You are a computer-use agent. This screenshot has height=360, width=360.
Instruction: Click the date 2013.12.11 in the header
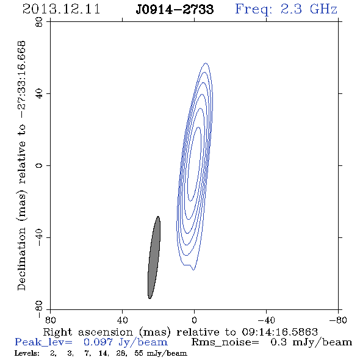coord(61,9)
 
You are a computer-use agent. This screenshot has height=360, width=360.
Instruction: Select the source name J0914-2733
coord(175,10)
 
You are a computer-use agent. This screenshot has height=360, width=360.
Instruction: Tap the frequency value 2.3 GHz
coord(309,9)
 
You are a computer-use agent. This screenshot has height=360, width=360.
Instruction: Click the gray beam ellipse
coord(154,257)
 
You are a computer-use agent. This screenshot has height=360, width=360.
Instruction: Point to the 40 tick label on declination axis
coord(39,94)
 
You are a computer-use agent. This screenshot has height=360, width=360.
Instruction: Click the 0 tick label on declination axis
coord(39,165)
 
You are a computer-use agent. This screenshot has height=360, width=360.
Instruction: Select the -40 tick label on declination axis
coord(39,237)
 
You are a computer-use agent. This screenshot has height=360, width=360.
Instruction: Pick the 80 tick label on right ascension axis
coord(50,320)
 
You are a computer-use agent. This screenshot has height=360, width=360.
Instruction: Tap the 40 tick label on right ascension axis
coord(122,320)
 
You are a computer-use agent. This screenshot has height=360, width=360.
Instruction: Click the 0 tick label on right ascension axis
coord(194,320)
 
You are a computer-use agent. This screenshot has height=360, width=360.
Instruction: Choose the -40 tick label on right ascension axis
coord(266,320)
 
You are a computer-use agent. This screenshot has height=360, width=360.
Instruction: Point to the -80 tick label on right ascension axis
coord(338,320)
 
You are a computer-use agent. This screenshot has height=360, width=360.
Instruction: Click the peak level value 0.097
coord(98,342)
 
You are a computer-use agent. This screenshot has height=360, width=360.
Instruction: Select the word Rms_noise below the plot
coord(225,342)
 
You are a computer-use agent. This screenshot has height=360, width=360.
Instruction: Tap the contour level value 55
coord(139,353)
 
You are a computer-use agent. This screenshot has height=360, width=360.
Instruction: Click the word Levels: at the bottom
coord(27,353)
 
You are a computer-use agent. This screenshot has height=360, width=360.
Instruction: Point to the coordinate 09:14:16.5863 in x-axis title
coord(279,332)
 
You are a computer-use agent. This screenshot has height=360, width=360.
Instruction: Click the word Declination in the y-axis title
coord(21,259)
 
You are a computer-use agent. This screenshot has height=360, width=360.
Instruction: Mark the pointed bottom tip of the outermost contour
coord(193,270)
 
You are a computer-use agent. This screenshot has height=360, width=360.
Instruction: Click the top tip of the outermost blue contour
coord(206,63)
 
